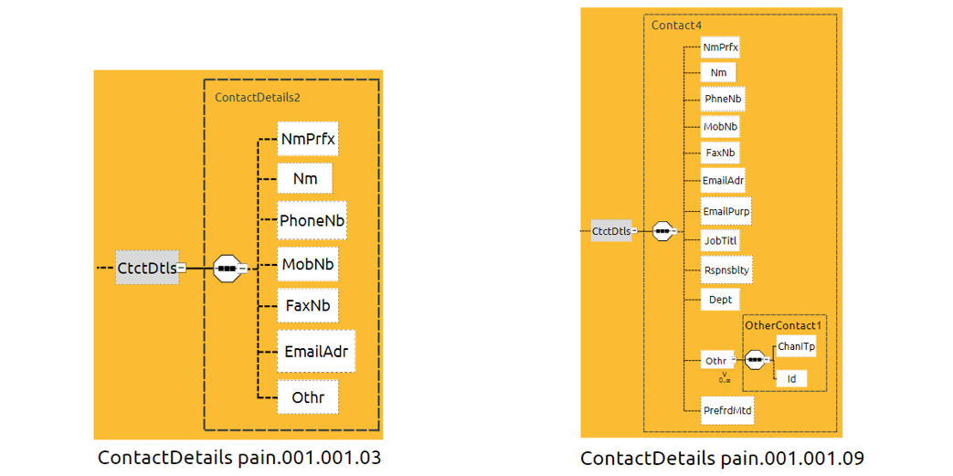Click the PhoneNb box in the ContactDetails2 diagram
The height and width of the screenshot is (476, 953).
click(x=312, y=221)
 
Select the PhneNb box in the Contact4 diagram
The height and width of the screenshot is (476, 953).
click(x=723, y=99)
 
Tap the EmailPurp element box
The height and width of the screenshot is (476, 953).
click(x=726, y=212)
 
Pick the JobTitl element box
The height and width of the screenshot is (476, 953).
click(x=720, y=240)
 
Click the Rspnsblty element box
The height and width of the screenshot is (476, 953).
click(x=726, y=270)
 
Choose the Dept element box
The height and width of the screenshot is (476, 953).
click(x=720, y=299)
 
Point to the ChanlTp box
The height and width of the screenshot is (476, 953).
click(x=796, y=346)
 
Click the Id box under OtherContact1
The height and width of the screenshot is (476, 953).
click(x=790, y=378)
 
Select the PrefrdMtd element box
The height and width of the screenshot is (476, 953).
click(x=727, y=411)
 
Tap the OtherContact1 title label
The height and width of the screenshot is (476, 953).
click(x=783, y=324)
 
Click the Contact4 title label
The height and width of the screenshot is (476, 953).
click(x=670, y=26)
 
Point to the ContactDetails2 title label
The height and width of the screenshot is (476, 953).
click(x=258, y=96)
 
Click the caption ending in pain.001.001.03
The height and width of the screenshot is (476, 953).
click(x=239, y=457)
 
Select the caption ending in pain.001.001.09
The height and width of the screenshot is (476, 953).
click(x=722, y=457)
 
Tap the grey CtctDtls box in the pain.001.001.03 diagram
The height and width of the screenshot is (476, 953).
click(x=147, y=268)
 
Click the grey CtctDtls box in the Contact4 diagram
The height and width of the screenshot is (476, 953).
click(x=611, y=231)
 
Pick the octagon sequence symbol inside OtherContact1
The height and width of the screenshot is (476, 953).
click(x=755, y=360)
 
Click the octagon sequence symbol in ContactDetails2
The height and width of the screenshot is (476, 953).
click(x=227, y=269)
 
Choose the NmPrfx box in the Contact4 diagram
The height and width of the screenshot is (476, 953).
click(x=720, y=46)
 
